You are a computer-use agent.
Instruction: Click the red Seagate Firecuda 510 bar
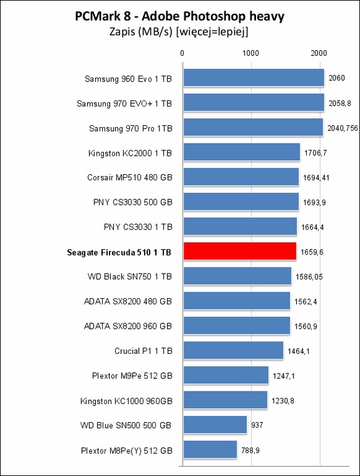240,251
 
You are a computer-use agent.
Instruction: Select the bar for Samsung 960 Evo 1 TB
254,78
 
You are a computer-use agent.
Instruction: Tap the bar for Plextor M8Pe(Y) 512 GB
210,449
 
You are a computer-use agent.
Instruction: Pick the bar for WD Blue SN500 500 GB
215,425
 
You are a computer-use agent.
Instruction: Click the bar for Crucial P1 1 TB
234,350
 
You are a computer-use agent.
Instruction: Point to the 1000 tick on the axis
250,53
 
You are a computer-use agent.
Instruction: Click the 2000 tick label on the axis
319,53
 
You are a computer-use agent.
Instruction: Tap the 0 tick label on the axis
182,53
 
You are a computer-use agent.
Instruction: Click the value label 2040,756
342,128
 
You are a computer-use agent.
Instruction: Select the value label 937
257,425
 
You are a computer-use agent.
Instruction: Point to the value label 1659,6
312,252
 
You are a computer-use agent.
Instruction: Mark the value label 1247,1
284,376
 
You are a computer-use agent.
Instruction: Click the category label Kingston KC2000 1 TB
130,153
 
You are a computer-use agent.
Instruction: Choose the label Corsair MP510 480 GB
130,177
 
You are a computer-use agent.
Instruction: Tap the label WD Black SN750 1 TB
130,277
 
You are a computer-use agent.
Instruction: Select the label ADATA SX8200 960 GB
128,326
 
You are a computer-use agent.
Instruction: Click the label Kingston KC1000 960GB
126,401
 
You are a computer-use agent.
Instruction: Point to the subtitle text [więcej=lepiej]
212,32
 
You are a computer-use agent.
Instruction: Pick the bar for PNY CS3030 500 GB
241,202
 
